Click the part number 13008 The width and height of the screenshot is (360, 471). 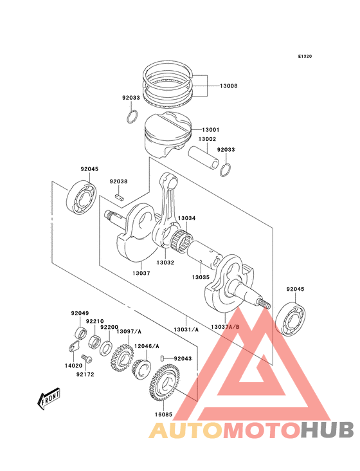pyautogui.click(x=229, y=86)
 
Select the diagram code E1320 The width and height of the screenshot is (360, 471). pyautogui.click(x=305, y=57)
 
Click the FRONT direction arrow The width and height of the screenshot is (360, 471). pyautogui.click(x=49, y=400)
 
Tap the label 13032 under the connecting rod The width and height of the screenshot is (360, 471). pyautogui.click(x=166, y=263)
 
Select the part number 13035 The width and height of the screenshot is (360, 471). pyautogui.click(x=199, y=277)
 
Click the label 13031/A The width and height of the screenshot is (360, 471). pyautogui.click(x=186, y=329)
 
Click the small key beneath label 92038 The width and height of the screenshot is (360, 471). pyautogui.click(x=118, y=195)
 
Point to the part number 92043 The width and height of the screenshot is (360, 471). pyautogui.click(x=182, y=358)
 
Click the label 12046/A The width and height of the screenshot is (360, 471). pyautogui.click(x=147, y=346)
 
